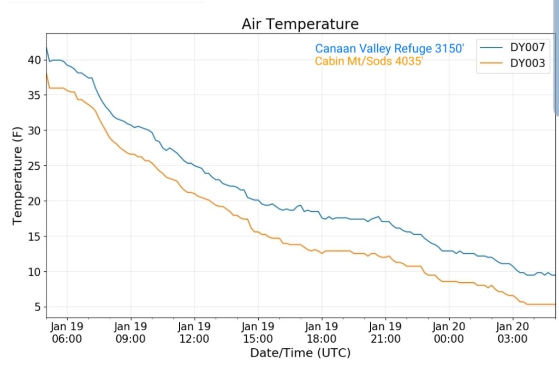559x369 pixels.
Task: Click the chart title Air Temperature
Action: click(300, 25)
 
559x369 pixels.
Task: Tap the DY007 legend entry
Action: click(527, 47)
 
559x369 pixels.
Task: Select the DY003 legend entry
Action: click(527, 63)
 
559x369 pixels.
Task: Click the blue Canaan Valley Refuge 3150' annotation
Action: click(389, 49)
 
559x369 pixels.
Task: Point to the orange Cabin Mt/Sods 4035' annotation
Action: click(369, 61)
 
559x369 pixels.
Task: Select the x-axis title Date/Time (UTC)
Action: click(300, 353)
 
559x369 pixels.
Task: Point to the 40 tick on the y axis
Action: click(34, 59)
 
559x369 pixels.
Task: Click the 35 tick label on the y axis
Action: click(34, 95)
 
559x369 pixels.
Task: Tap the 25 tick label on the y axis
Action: click(34, 165)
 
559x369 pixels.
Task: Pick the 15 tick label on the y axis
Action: click(34, 236)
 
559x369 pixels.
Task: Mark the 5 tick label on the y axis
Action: click(38, 307)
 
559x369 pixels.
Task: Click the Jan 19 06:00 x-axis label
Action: click(67, 332)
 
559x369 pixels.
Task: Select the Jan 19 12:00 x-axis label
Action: click(194, 332)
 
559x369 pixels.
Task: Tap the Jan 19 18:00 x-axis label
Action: click(322, 332)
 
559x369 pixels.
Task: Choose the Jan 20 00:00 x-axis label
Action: click(449, 332)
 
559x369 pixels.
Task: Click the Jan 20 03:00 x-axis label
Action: click(513, 332)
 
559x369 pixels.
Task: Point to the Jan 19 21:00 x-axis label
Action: click(385, 332)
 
